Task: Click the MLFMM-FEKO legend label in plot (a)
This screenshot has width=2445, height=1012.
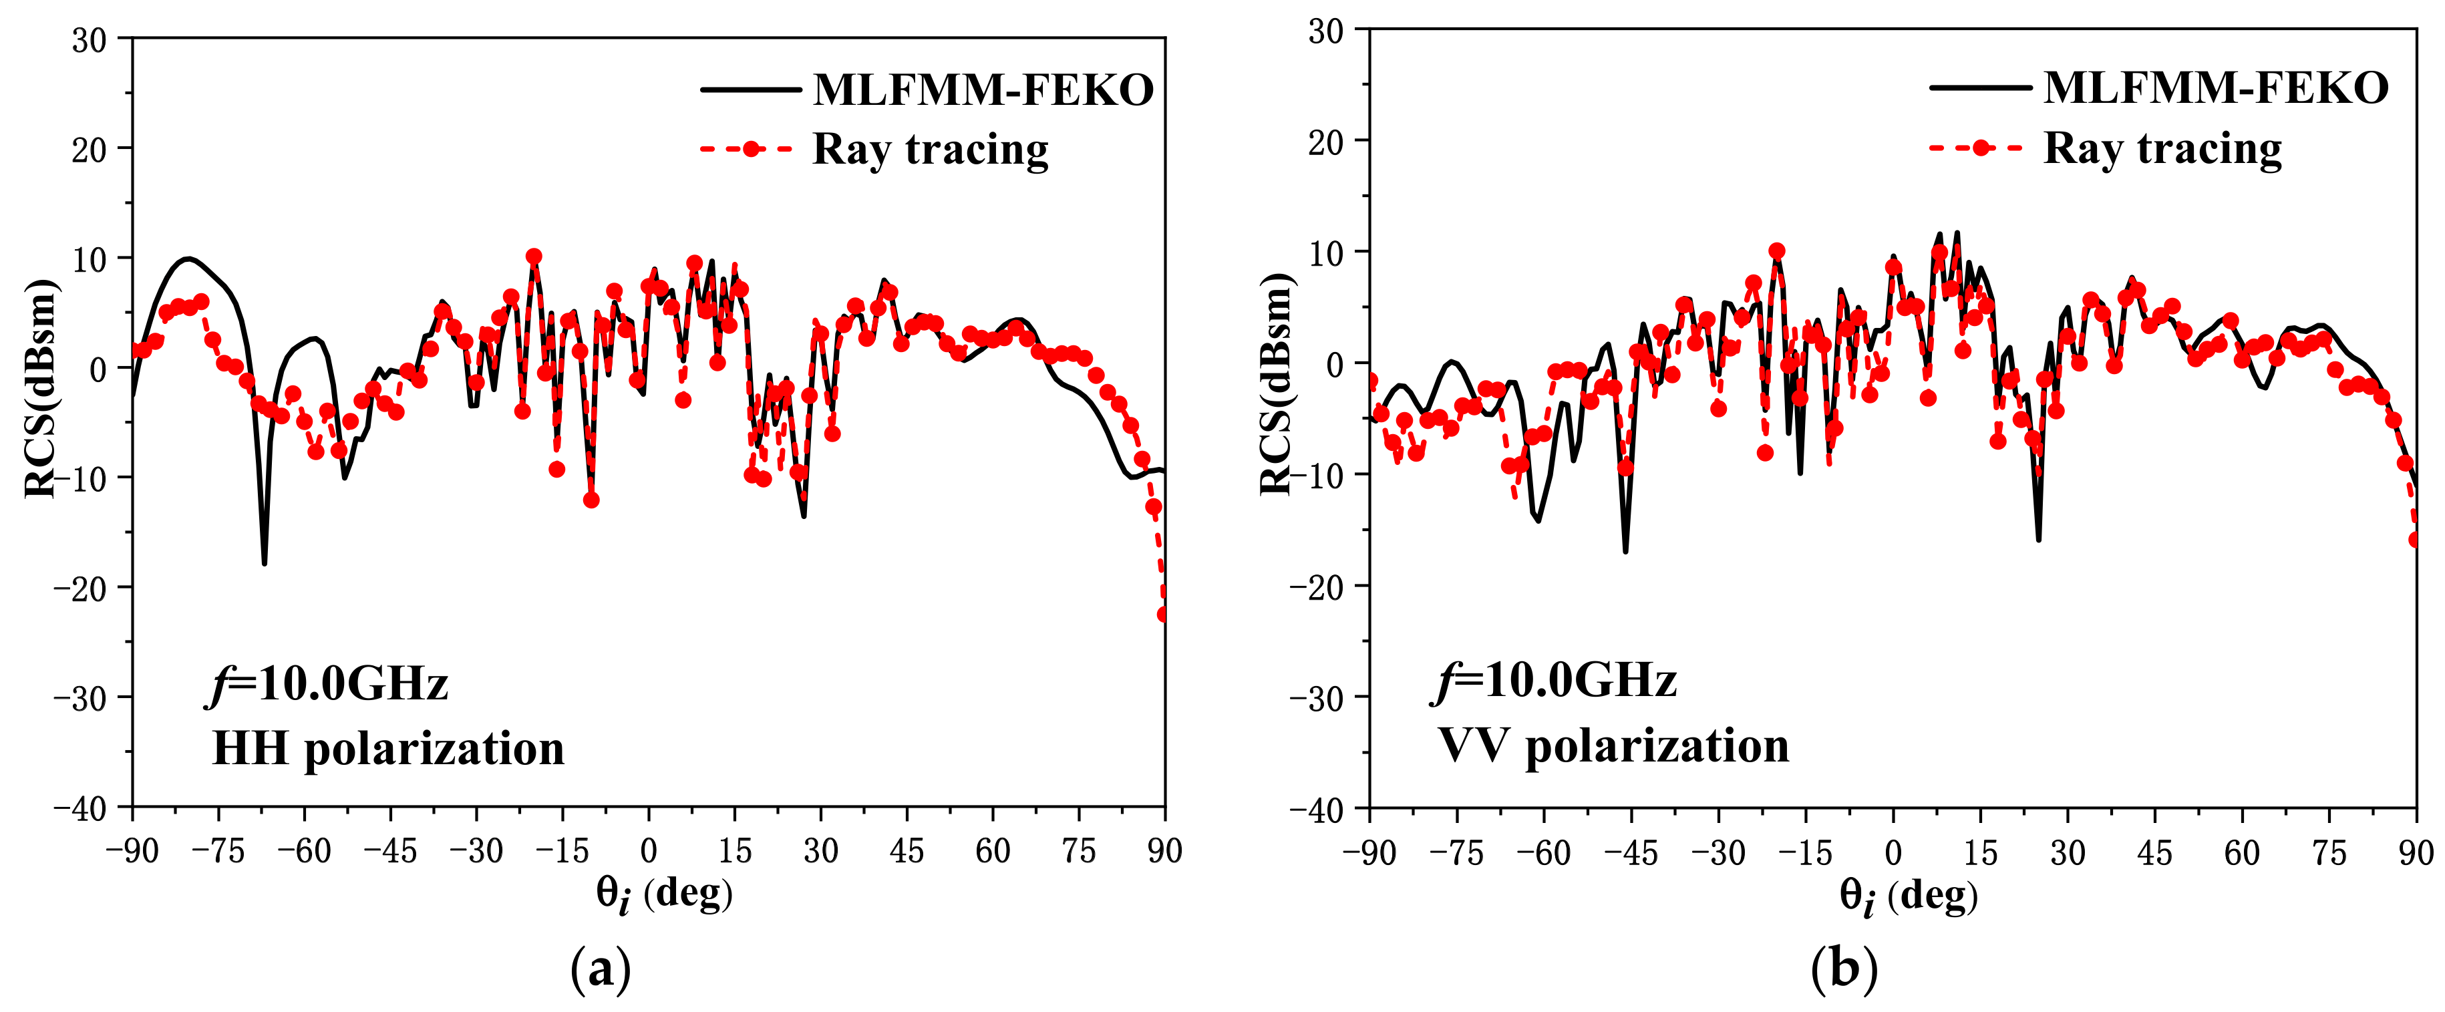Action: [983, 90]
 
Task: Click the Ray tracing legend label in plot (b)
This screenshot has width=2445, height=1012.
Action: [2162, 148]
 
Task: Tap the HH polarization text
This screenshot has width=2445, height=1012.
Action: [387, 748]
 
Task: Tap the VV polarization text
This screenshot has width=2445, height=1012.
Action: [1613, 745]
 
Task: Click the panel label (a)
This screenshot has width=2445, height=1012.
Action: [600, 969]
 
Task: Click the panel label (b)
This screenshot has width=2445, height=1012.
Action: [1843, 969]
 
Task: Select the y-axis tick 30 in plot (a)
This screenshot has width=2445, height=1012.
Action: [90, 40]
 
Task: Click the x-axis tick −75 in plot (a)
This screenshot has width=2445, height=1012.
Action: [218, 850]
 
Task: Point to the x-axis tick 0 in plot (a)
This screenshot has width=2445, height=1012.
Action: [648, 850]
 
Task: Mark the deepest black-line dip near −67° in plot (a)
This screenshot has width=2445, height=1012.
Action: [264, 563]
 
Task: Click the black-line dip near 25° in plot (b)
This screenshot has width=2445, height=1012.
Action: [2037, 539]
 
